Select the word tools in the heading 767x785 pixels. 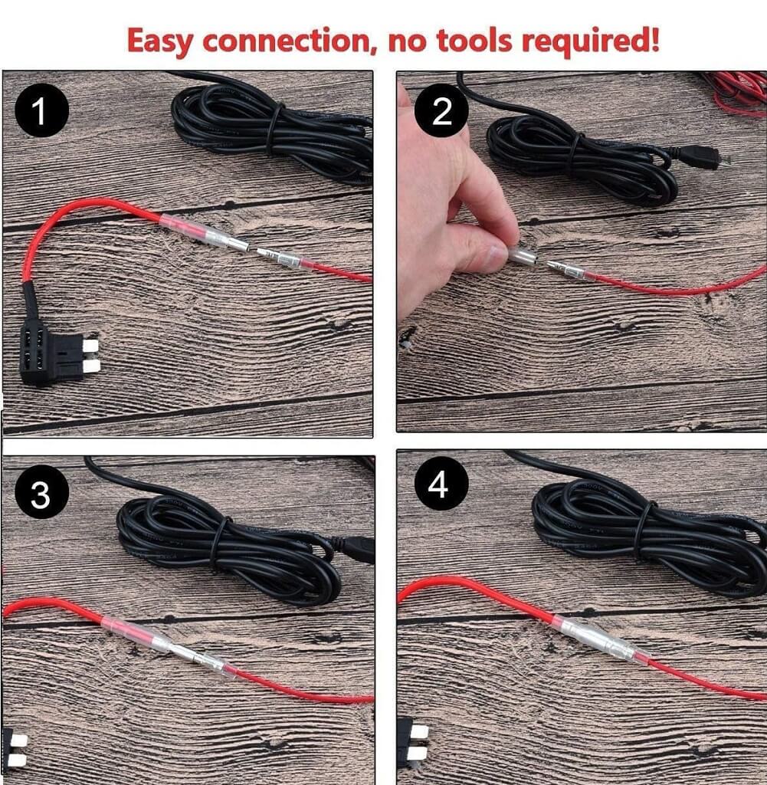474,40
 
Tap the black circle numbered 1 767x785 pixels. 41,110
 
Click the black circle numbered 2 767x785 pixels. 442,110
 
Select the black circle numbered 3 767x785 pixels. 41,493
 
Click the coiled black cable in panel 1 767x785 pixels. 273,133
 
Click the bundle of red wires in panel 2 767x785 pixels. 736,94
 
